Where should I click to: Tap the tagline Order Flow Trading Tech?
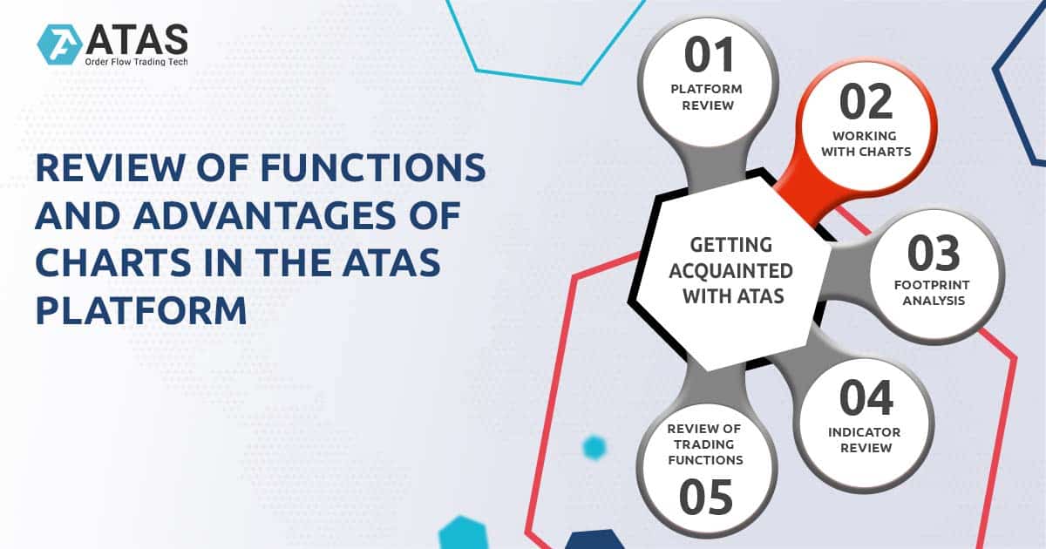click(x=135, y=61)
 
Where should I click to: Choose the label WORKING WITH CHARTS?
click(x=871, y=144)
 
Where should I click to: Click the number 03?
click(x=934, y=253)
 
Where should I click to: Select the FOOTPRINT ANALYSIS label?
click(x=934, y=292)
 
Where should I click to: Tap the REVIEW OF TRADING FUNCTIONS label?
click(x=705, y=444)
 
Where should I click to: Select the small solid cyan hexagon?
click(x=594, y=448)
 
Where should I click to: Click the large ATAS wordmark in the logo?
click(x=138, y=37)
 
